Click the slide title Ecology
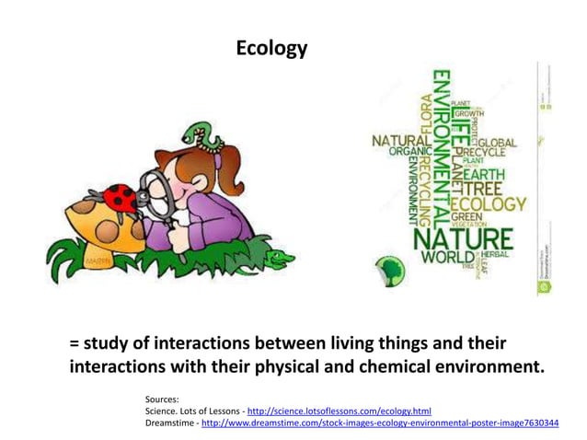(271, 48)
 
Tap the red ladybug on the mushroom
(121, 198)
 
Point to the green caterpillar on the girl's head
(202, 135)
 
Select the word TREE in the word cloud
(494, 188)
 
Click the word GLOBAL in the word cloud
(497, 144)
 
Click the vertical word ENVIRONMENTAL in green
(441, 147)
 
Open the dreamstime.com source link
(379, 423)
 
